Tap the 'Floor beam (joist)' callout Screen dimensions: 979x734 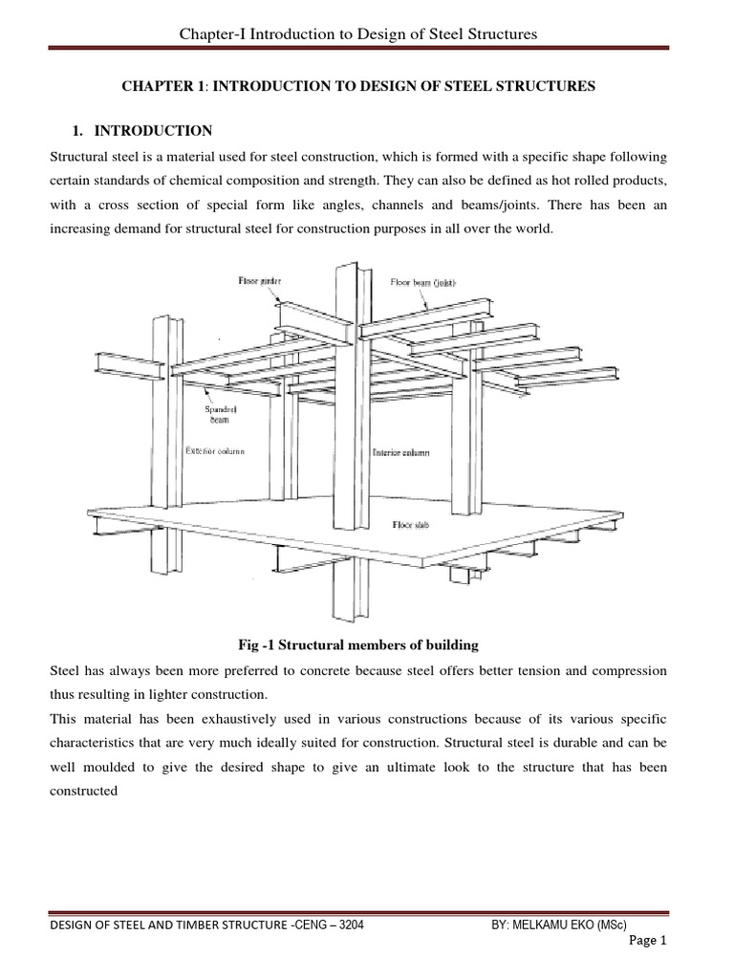tap(426, 283)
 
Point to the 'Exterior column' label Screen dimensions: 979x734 tap(213, 450)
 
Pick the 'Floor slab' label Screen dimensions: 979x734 tap(409, 525)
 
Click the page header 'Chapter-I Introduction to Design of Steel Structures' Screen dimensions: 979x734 tap(358, 34)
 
